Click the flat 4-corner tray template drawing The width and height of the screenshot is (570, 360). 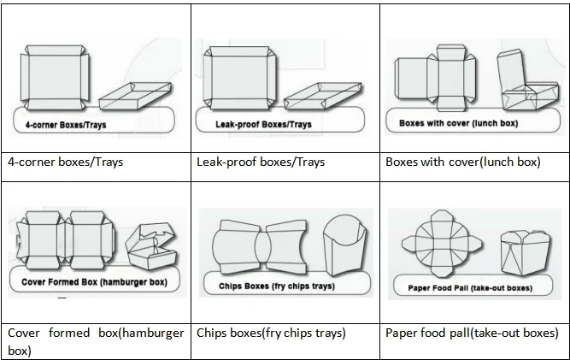pos(54,78)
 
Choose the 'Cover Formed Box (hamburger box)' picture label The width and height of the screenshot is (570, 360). pos(93,281)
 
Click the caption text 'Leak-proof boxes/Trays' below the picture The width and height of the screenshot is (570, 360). pos(260,162)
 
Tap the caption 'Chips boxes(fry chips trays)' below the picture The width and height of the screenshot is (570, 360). pos(271,333)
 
